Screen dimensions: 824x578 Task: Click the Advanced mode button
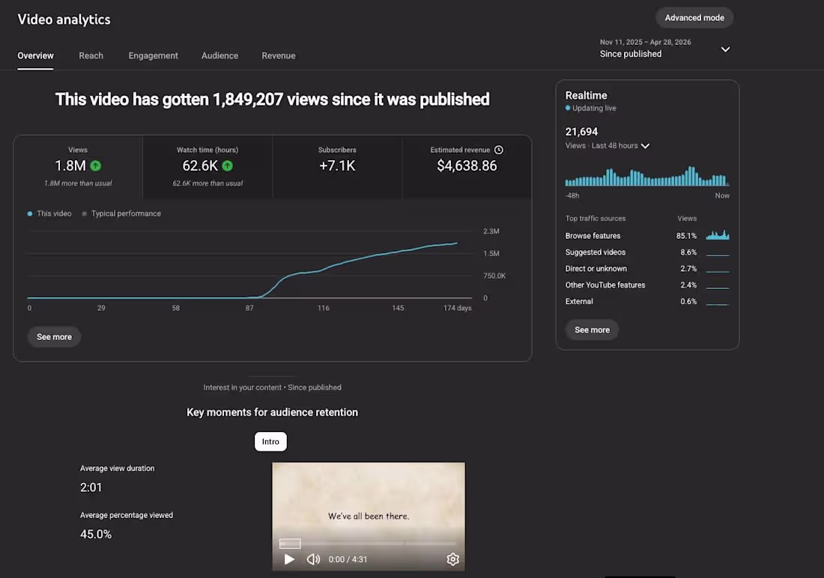(x=694, y=18)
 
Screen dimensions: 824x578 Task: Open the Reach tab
(x=91, y=55)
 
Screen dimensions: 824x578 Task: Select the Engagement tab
(x=153, y=55)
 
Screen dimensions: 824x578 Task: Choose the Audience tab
(x=219, y=55)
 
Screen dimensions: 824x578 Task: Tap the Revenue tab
(x=279, y=55)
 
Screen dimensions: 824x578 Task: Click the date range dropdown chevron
(x=725, y=49)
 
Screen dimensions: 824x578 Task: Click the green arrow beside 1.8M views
(x=96, y=166)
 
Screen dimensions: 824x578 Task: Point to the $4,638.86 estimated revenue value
(x=467, y=166)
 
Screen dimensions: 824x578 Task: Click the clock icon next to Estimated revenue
(x=499, y=150)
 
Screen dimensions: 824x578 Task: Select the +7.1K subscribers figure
(x=337, y=166)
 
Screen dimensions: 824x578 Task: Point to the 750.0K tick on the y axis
(x=494, y=276)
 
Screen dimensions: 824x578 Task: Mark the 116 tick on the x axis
(x=323, y=308)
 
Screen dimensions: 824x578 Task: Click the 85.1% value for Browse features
(x=686, y=236)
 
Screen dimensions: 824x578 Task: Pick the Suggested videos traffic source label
(x=596, y=252)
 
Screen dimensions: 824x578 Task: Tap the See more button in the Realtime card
(x=593, y=330)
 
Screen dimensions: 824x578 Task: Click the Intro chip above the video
(x=270, y=442)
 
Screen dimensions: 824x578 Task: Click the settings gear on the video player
(x=452, y=559)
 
